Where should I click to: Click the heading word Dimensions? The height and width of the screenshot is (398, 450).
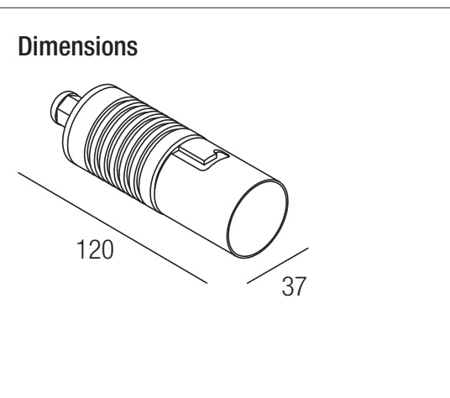pyautogui.click(x=78, y=46)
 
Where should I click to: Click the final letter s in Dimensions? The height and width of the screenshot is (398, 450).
pyautogui.click(x=133, y=49)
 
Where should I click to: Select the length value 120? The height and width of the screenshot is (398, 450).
pyautogui.click(x=95, y=249)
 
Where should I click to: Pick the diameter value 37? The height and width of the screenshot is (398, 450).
pyautogui.click(x=294, y=286)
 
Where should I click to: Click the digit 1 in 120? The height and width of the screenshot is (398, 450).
pyautogui.click(x=81, y=249)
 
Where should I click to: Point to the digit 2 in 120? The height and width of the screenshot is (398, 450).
pyautogui.click(x=92, y=249)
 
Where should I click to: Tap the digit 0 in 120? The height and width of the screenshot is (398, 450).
pyautogui.click(x=107, y=249)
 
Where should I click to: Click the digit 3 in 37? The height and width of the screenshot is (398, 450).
pyautogui.click(x=288, y=286)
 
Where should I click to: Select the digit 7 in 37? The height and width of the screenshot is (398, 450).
pyautogui.click(x=301, y=286)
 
